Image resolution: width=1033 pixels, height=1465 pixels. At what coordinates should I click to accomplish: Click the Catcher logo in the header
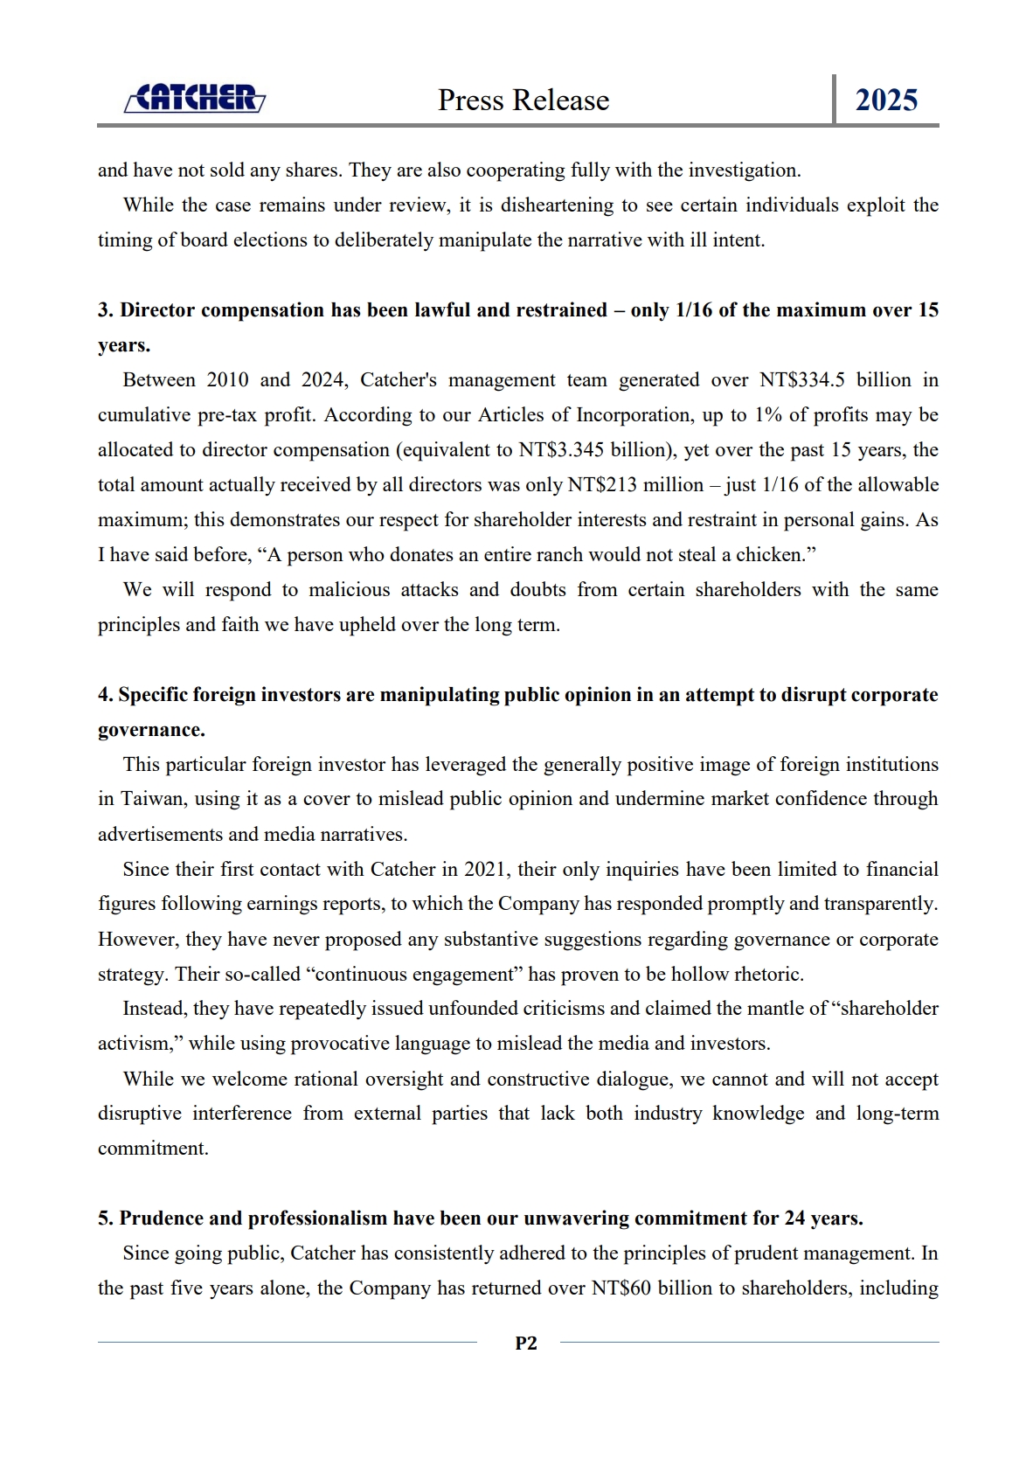coord(195,98)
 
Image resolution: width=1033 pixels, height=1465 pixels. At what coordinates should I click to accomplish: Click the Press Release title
coord(523,101)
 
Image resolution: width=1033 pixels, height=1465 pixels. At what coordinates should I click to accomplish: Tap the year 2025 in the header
coord(885,101)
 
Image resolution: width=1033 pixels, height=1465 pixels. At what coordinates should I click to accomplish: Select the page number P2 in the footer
coord(526,1343)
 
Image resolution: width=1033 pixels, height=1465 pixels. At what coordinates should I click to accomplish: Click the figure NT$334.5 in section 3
coord(801,380)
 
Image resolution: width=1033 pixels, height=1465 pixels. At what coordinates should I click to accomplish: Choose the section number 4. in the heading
coord(106,695)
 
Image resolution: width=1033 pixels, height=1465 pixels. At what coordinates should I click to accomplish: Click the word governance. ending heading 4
coord(151,730)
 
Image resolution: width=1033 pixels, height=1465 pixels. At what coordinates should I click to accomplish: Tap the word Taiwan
coord(150,799)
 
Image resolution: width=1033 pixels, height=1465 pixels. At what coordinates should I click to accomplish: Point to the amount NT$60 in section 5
coord(620,1288)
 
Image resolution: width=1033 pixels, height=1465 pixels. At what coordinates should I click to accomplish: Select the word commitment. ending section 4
coord(153,1149)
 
